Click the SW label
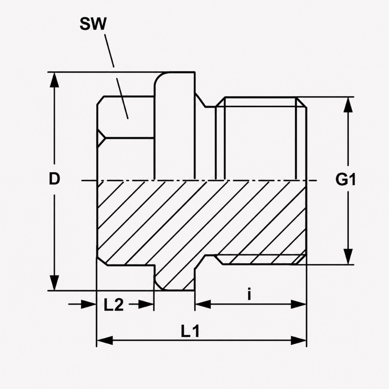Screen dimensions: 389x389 pyautogui.click(x=93, y=24)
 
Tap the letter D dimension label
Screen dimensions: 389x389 pyautogui.click(x=54, y=179)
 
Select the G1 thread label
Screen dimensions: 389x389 pyautogui.click(x=345, y=179)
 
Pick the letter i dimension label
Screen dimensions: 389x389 pyautogui.click(x=249, y=294)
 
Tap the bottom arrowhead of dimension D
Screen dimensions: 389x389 pyautogui.click(x=54, y=283)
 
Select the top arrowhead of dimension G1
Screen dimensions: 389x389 pyautogui.click(x=348, y=104)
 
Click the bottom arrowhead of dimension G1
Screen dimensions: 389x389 pyautogui.click(x=348, y=256)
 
